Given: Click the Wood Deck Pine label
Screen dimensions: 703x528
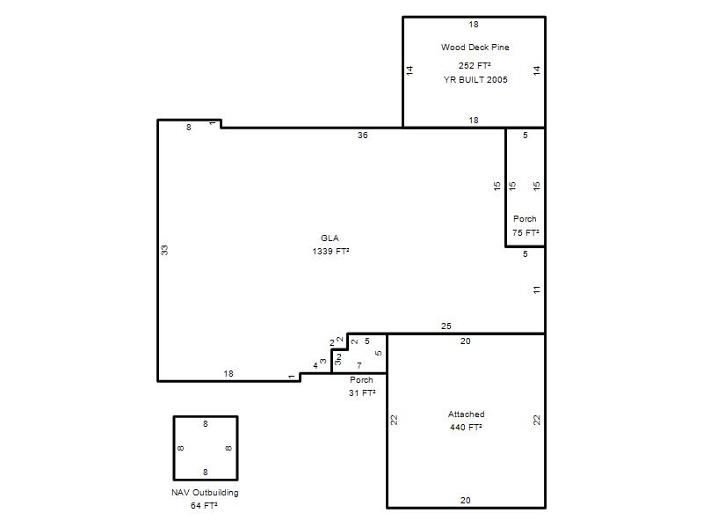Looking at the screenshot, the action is click(x=475, y=48).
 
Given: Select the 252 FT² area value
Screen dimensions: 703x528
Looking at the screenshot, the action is click(x=475, y=65).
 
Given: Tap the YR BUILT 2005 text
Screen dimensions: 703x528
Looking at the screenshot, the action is click(x=475, y=80).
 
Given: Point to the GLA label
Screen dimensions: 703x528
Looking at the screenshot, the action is click(x=330, y=238).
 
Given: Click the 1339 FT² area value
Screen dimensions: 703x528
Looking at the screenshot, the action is click(x=330, y=252).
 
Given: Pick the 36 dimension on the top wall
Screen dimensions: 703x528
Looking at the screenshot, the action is click(x=363, y=136).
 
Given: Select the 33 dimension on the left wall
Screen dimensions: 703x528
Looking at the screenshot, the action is click(x=164, y=250).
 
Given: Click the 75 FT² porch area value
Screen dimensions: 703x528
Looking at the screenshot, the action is click(x=525, y=233).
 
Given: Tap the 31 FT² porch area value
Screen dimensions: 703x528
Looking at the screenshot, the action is click(x=362, y=392).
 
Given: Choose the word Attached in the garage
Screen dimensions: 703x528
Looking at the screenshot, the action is click(x=467, y=414).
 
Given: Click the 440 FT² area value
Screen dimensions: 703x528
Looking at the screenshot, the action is click(x=466, y=427).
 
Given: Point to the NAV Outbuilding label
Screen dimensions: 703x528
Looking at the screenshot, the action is click(x=205, y=493).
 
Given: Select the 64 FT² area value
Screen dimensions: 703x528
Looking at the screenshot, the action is click(x=204, y=505).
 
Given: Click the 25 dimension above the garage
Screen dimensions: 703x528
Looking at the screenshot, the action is click(x=446, y=326).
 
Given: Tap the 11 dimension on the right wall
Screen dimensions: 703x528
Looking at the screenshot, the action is click(x=537, y=290).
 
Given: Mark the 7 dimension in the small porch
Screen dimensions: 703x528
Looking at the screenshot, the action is click(x=359, y=366).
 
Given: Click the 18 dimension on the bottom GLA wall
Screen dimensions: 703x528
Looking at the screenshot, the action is click(x=228, y=373).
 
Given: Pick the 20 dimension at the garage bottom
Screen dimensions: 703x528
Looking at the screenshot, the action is click(x=466, y=500).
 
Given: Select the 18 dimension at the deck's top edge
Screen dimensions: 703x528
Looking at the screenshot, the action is click(x=474, y=25).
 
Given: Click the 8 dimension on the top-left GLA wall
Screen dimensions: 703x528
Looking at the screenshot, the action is click(x=189, y=128).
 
